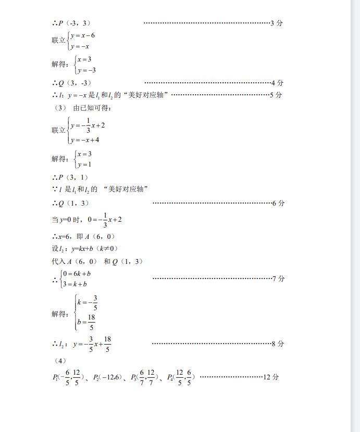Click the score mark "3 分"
(x=277, y=23)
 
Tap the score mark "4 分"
(x=278, y=83)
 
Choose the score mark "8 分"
(x=278, y=344)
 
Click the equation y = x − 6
(x=83, y=35)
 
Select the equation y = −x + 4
(x=85, y=140)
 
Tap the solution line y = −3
(x=86, y=70)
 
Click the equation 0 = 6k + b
(x=76, y=273)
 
